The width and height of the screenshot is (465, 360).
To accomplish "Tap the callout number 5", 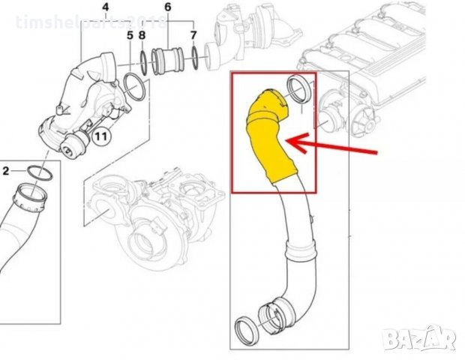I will click(130, 35).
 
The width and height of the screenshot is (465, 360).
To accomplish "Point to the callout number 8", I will click(142, 35).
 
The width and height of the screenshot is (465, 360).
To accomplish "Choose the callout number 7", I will click(193, 35).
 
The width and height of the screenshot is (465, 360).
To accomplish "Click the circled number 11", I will click(100, 136).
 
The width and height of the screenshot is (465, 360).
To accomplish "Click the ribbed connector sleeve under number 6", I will click(167, 61).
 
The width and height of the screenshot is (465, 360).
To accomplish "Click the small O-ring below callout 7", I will click(194, 57).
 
